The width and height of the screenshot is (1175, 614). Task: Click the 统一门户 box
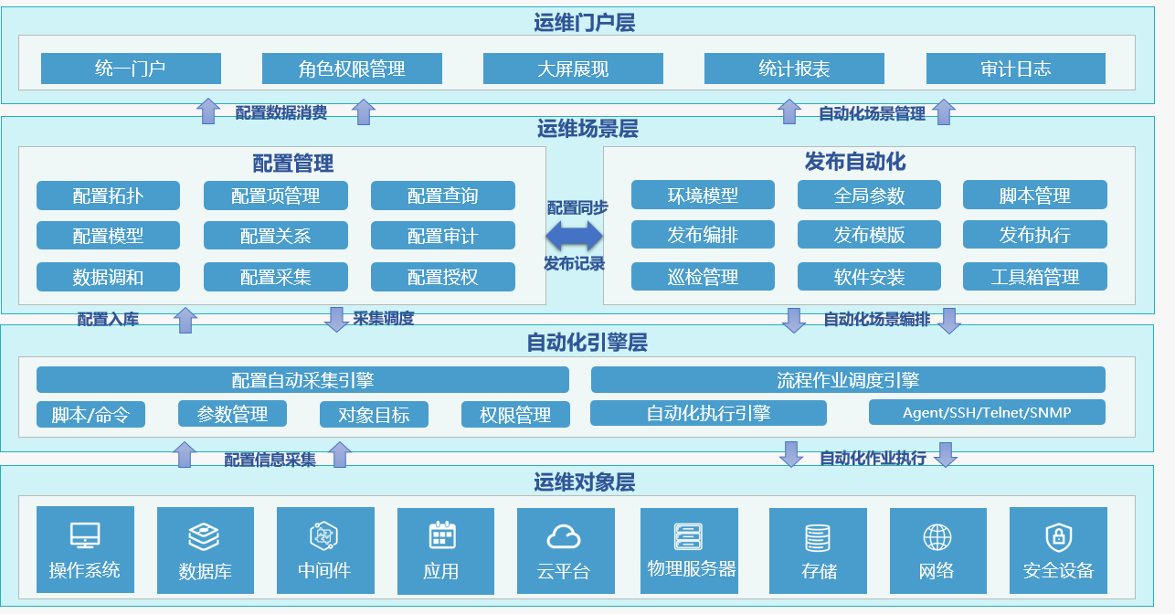click(x=131, y=69)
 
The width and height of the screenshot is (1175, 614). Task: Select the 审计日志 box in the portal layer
click(x=1015, y=69)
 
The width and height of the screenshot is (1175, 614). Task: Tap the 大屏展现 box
click(x=573, y=69)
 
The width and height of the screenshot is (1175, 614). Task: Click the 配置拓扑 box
click(x=108, y=196)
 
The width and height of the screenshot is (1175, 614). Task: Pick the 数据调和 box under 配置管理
click(x=108, y=277)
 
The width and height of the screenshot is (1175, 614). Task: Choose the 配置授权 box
click(x=442, y=277)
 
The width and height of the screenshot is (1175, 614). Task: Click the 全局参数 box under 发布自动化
click(x=869, y=196)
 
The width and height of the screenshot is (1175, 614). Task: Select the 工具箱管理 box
click(x=1034, y=277)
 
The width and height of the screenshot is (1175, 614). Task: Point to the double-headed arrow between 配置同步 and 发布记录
click(x=575, y=236)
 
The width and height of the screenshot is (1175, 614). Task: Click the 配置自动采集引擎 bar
click(x=302, y=380)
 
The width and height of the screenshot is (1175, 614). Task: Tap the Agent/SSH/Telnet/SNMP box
click(x=987, y=412)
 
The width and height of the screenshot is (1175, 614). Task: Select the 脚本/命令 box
click(x=90, y=415)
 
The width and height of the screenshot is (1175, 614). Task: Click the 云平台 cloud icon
click(x=564, y=536)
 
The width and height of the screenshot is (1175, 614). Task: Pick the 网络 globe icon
click(x=937, y=536)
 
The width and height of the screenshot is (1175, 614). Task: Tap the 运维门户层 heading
click(x=585, y=23)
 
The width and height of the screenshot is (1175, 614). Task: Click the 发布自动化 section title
click(x=855, y=162)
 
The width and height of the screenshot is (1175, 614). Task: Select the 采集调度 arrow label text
click(x=384, y=319)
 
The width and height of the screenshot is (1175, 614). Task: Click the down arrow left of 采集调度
click(x=335, y=319)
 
